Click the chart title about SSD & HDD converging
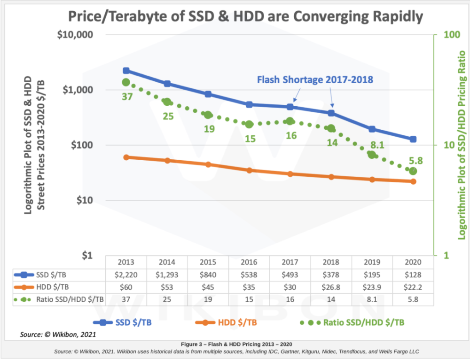(245, 17)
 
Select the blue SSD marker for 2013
(126, 70)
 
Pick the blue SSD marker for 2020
(413, 139)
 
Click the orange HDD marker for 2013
(126, 157)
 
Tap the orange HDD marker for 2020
(413, 181)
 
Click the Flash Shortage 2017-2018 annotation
(315, 80)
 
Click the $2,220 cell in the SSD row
(126, 274)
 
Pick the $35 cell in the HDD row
(249, 286)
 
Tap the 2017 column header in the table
(290, 262)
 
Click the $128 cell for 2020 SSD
(413, 274)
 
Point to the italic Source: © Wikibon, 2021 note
(58, 335)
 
